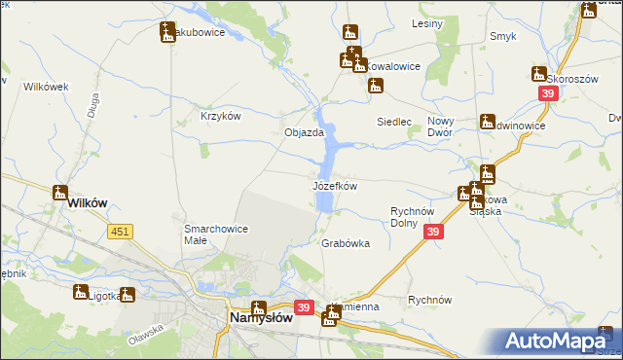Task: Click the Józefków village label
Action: point(334,185)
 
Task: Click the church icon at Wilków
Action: point(59,192)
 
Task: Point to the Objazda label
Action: point(303,133)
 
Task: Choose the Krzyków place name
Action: point(220,116)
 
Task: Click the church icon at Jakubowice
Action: point(167,31)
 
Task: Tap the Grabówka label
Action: point(346,244)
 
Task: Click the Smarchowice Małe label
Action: point(215,234)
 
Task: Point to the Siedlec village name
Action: point(395,123)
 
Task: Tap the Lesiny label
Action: point(427,22)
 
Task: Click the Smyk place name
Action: point(502,37)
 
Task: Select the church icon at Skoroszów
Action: point(539,73)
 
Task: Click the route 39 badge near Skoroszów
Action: point(548,92)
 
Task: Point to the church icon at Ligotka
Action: point(80,291)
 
